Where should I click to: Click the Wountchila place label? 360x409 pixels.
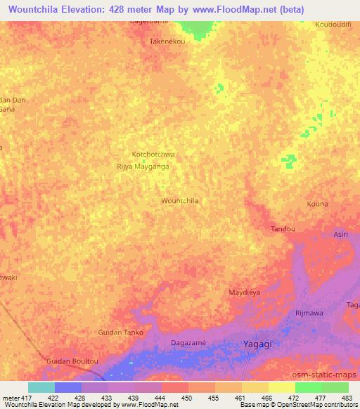click(x=180, y=201)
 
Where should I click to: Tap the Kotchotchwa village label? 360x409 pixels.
click(x=153, y=154)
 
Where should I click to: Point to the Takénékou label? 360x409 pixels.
click(x=167, y=41)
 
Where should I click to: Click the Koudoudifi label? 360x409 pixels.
click(x=333, y=23)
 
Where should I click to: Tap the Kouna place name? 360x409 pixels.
click(x=317, y=204)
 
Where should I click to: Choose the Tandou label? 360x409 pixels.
click(x=283, y=229)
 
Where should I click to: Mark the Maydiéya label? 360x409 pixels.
click(x=245, y=292)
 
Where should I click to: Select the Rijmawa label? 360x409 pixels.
click(x=309, y=313)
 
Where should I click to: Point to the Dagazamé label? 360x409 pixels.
click(x=188, y=342)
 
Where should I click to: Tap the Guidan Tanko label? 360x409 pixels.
click(x=121, y=332)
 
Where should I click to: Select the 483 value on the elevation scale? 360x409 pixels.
click(x=347, y=398)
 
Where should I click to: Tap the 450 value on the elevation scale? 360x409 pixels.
click(x=186, y=398)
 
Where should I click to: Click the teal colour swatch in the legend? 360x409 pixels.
click(x=41, y=387)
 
